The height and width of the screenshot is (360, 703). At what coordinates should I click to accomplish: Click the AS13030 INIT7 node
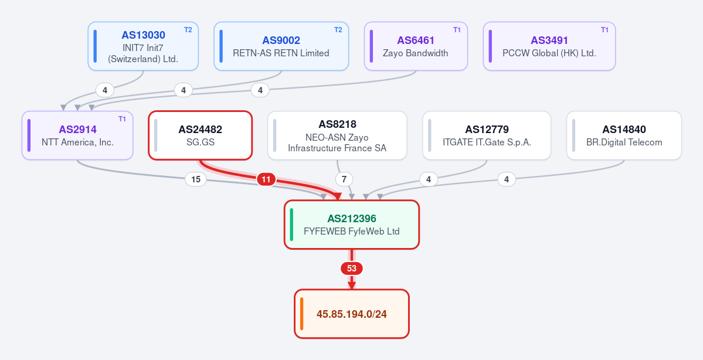coord(143,46)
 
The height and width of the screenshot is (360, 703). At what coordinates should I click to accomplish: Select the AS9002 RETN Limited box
coord(281,46)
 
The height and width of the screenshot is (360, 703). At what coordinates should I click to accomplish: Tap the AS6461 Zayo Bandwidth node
coord(416,46)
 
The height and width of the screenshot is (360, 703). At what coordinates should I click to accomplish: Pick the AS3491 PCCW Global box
coord(549,46)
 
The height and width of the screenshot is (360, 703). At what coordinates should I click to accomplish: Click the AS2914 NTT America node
coord(77,135)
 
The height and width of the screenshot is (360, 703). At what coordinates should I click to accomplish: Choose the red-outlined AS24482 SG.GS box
coord(201,135)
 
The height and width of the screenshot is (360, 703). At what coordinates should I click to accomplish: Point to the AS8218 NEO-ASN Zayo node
coord(337,135)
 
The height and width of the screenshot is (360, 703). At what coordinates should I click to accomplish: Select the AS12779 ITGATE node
coord(487,135)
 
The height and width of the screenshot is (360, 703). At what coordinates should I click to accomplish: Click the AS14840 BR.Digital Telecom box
coord(624,135)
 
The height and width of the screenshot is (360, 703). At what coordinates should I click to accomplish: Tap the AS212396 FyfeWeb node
coord(352,225)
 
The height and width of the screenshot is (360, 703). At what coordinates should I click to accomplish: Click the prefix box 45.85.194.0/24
coord(352,314)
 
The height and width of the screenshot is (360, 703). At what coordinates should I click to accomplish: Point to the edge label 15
coord(196,179)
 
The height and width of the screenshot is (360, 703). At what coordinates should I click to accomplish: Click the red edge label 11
coord(266,179)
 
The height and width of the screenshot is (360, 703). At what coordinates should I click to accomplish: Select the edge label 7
coord(344,179)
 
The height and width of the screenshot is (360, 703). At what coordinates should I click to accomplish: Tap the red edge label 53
coord(352,269)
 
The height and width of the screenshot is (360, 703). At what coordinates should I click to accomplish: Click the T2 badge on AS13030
coord(188,29)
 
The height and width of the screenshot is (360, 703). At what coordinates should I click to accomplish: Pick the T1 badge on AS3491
coord(605,29)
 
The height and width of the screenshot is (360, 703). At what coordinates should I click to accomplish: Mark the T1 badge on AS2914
coord(123,119)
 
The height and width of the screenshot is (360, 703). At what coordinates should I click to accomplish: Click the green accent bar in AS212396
coord(291,225)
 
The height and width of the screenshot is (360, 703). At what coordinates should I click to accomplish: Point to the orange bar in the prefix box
coord(302,314)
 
